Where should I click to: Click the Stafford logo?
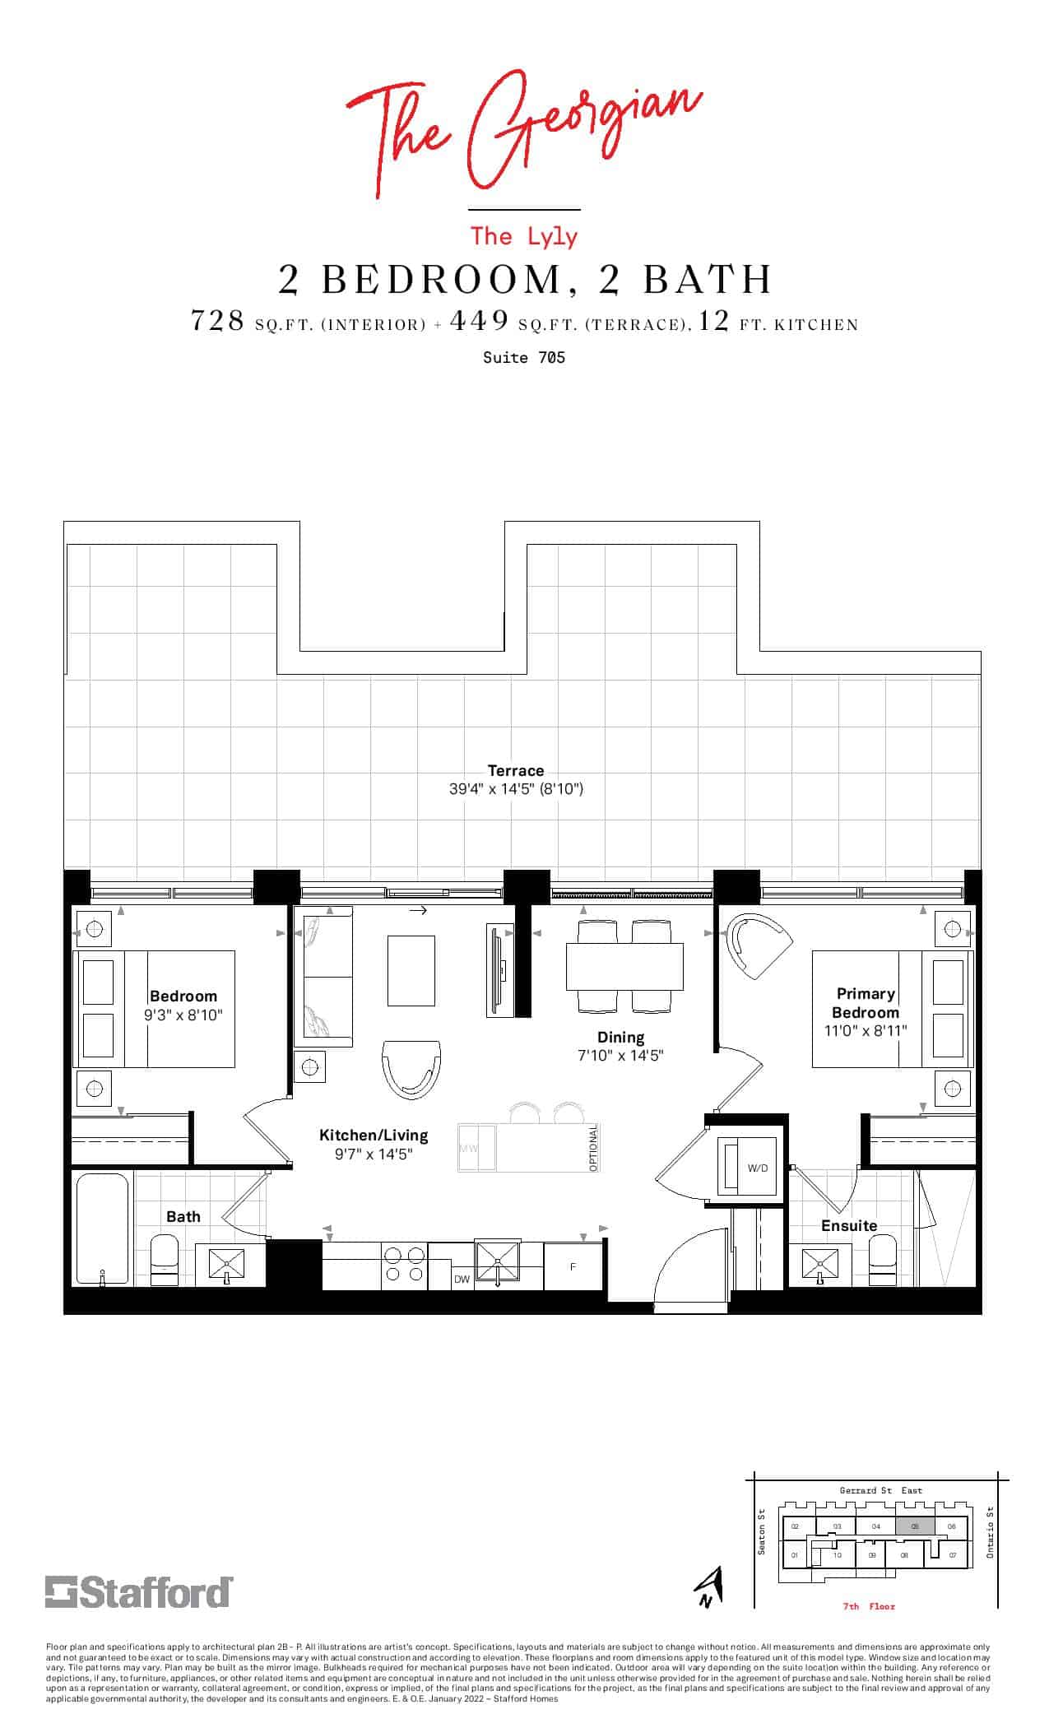point(138,1592)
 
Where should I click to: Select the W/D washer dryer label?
point(757,1168)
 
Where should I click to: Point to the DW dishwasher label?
point(462,1280)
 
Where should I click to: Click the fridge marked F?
point(573,1266)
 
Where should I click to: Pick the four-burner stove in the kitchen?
point(405,1264)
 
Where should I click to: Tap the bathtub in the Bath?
point(102,1228)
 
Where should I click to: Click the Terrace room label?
point(516,771)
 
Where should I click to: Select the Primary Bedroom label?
point(865,1003)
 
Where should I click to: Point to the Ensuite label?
point(849,1225)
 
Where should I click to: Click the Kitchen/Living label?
point(374,1136)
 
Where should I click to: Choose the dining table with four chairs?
point(624,966)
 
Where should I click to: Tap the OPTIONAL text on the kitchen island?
point(593,1148)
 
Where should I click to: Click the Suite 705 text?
point(524,358)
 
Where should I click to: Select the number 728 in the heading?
point(217,320)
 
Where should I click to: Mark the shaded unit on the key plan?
point(915,1526)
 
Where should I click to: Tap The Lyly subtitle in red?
point(524,237)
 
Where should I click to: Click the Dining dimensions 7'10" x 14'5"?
point(620,1056)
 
